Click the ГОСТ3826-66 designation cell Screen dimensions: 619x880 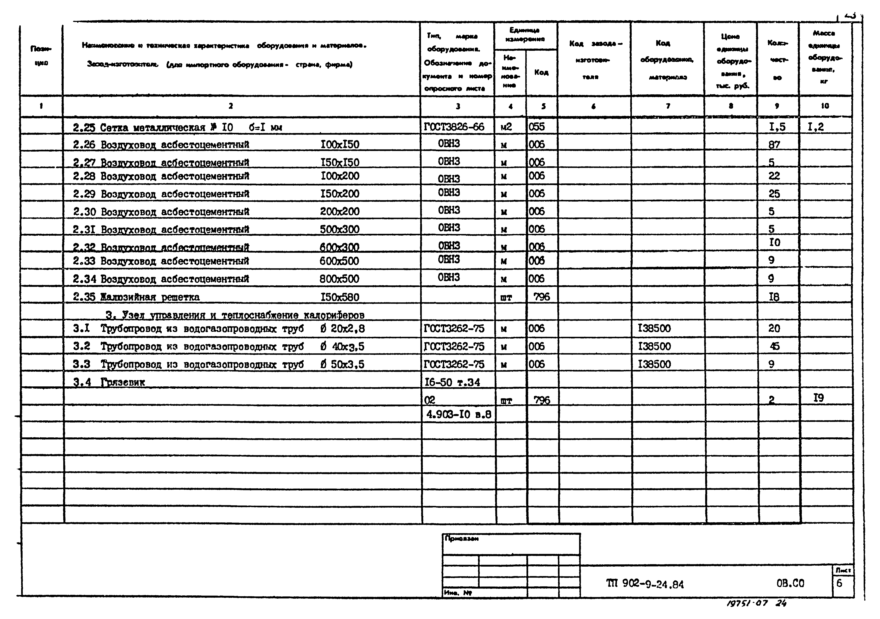click(x=454, y=127)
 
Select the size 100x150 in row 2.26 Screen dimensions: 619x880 click(x=340, y=145)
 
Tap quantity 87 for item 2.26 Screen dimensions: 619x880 click(x=774, y=145)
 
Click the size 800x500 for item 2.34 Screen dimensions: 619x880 click(x=339, y=279)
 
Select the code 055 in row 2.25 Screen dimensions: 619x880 click(x=537, y=127)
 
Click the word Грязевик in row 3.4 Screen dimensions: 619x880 click(x=123, y=382)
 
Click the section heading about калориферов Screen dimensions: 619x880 click(x=235, y=315)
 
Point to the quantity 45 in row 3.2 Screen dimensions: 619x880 click(x=774, y=346)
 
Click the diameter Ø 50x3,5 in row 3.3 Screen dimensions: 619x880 click(x=342, y=364)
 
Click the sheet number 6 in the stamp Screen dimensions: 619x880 click(x=839, y=583)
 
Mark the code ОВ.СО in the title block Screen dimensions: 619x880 click(x=790, y=583)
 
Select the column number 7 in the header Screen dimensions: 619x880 click(x=668, y=106)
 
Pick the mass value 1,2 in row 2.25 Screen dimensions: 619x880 click(x=815, y=127)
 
